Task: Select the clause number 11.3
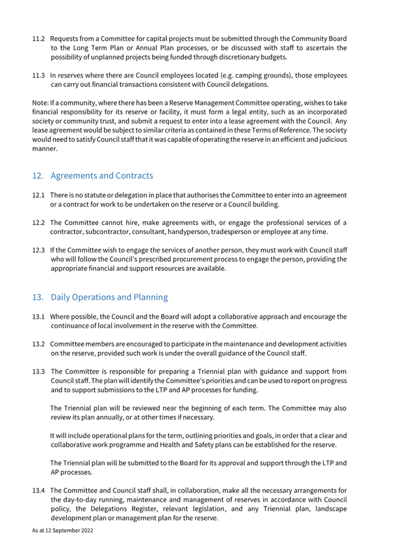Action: [38, 75]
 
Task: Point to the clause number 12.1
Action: [38, 195]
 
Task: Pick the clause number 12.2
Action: [38, 222]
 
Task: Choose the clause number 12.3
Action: [38, 250]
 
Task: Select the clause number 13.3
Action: [38, 372]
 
